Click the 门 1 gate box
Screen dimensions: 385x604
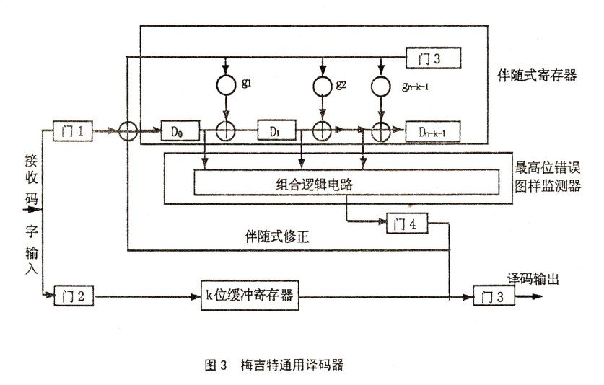pos(70,132)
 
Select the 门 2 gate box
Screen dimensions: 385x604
pos(70,294)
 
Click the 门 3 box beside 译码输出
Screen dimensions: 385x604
pos(491,294)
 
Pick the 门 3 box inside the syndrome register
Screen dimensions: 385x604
pos(433,56)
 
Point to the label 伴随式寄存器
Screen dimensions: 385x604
pos(537,75)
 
